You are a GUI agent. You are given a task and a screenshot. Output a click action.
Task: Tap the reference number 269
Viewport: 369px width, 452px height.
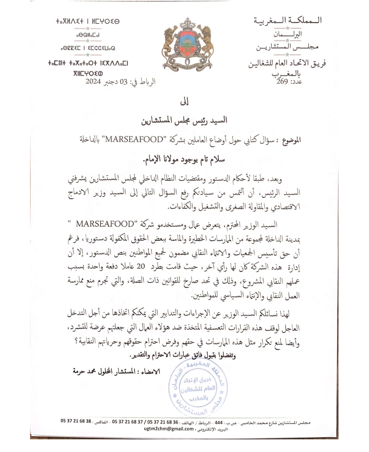click(x=282, y=82)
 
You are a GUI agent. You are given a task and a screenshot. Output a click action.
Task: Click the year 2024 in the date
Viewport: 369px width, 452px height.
click(x=93, y=82)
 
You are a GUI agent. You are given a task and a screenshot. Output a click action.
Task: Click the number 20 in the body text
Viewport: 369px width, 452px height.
click(x=141, y=266)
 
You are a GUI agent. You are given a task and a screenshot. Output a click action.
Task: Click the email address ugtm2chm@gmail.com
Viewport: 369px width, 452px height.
click(x=169, y=429)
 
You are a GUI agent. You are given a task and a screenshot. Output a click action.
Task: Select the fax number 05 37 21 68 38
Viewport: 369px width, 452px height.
click(x=76, y=421)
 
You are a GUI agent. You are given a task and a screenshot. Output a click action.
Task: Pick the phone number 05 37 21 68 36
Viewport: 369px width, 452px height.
click(x=163, y=422)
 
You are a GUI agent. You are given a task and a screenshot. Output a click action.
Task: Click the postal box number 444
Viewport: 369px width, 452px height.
click(x=219, y=422)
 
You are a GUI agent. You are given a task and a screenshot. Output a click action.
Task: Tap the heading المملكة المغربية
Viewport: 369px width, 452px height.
click(x=288, y=21)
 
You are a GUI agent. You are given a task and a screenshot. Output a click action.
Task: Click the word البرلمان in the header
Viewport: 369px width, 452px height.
click(x=287, y=34)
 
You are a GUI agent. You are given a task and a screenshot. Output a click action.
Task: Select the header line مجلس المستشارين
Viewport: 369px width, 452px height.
click(x=287, y=47)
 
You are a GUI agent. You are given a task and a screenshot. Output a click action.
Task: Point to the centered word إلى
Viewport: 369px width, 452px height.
click(x=184, y=101)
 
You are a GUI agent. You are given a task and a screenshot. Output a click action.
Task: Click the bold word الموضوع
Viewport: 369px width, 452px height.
click(x=291, y=140)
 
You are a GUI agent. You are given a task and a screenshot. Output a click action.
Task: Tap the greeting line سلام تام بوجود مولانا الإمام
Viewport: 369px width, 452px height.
click(x=184, y=159)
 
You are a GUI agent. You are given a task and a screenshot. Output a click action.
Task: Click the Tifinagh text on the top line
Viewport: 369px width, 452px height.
click(x=88, y=21)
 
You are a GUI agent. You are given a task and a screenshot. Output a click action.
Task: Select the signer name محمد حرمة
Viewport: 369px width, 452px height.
click(x=84, y=371)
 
